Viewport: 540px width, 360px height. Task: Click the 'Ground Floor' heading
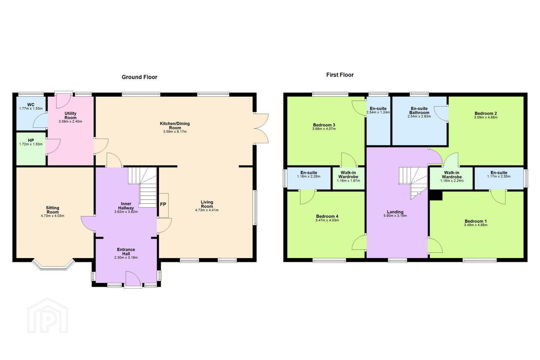[x=139, y=77]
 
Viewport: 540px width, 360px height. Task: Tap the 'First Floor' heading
[x=340, y=75]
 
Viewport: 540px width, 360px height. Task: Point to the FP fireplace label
[x=163, y=204]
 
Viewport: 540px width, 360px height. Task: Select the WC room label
[x=31, y=105]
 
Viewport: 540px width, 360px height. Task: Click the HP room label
[x=31, y=140]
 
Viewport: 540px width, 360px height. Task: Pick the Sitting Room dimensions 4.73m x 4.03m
[x=52, y=216]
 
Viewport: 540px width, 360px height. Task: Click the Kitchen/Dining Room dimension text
[x=175, y=132]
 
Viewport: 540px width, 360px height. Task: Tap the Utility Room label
[x=70, y=115]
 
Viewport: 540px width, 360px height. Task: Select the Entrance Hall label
[x=126, y=252]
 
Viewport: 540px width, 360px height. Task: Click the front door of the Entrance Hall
[x=133, y=279]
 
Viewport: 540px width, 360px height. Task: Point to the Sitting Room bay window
[x=53, y=265]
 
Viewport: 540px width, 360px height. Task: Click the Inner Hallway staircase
[x=142, y=187]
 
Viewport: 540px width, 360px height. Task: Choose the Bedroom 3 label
[x=324, y=125]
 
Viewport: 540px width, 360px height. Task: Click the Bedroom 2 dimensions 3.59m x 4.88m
[x=486, y=117]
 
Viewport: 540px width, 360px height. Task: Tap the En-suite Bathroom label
[x=419, y=110]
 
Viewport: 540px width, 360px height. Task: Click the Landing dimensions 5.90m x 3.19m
[x=395, y=216]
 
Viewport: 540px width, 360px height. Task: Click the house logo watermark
[x=48, y=316]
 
